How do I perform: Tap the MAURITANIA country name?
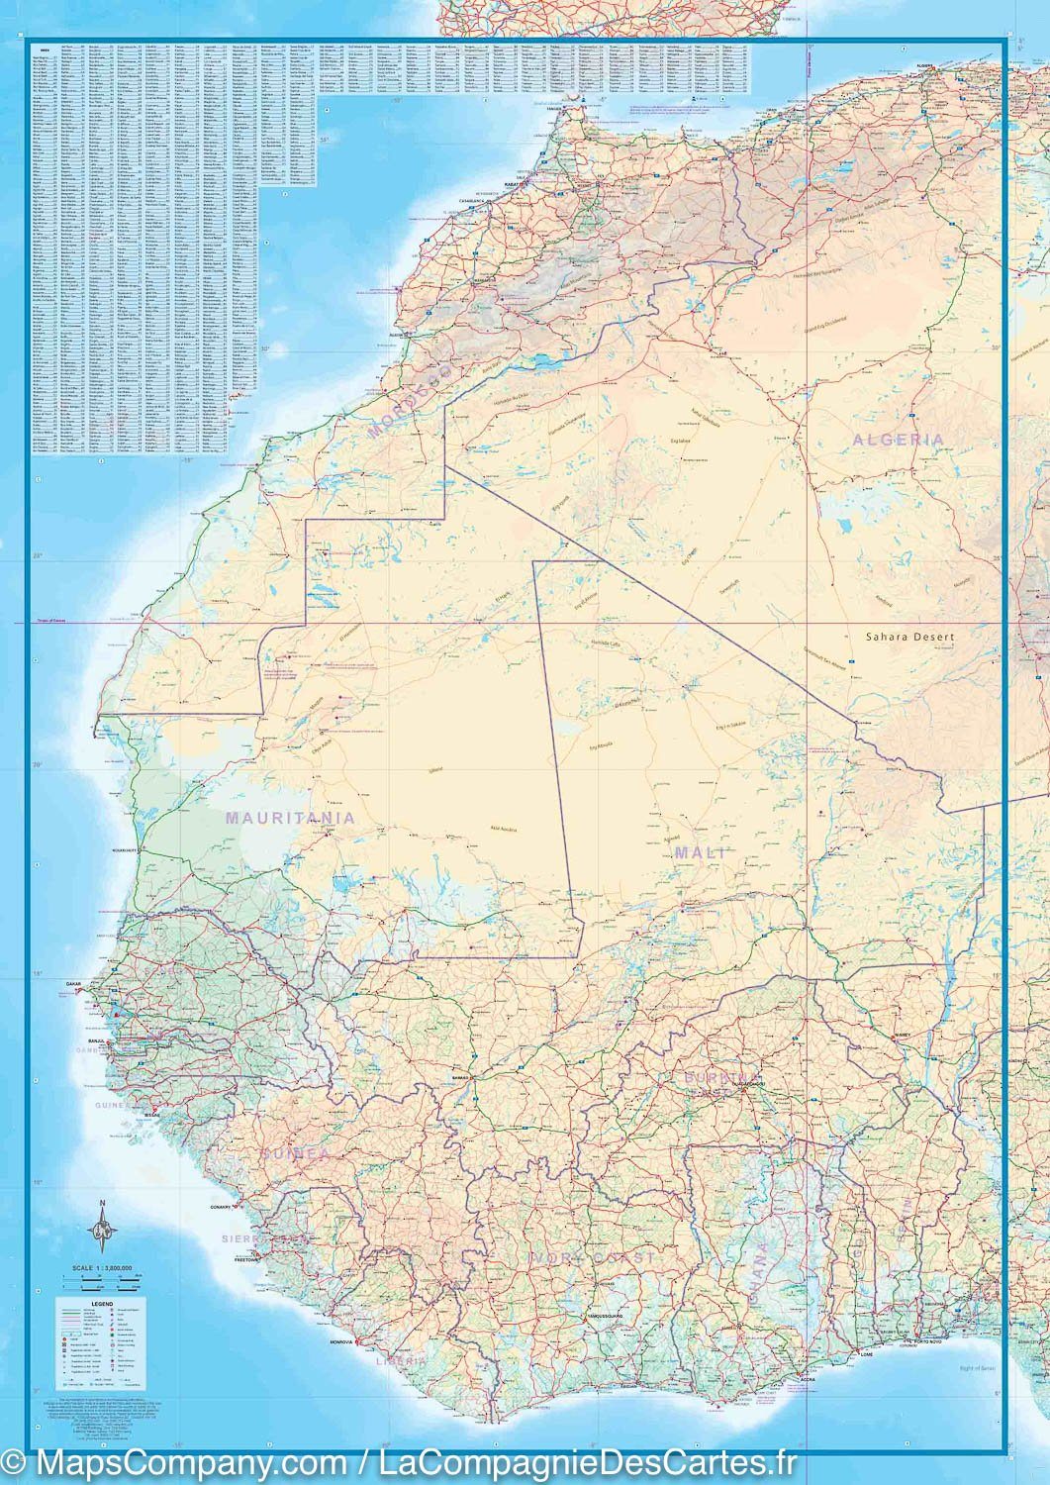290,818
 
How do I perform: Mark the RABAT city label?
515,182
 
